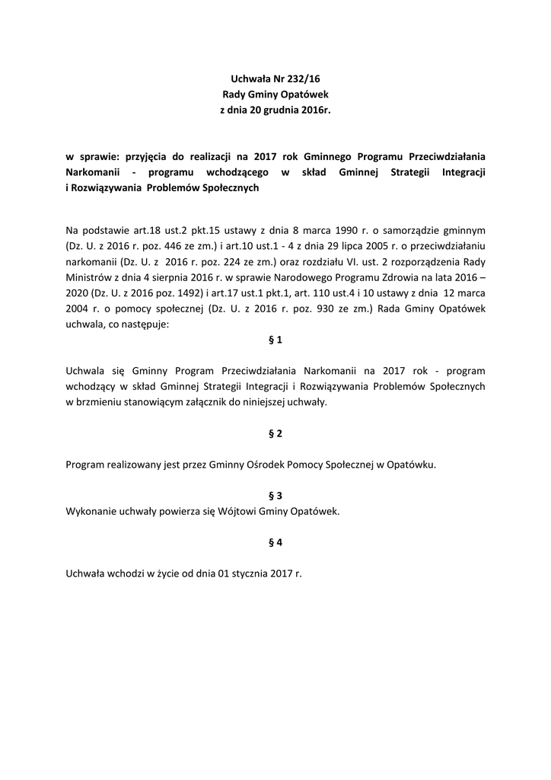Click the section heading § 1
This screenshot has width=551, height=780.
[x=275, y=340]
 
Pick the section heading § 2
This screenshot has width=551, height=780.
[x=275, y=433]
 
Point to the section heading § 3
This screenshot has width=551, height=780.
[x=275, y=495]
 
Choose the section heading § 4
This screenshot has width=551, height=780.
[x=275, y=542]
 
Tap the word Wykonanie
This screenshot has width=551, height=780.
[x=93, y=511]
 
